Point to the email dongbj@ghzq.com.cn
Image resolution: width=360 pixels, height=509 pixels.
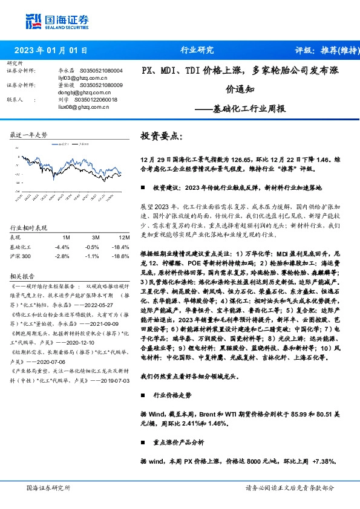pos(74,92)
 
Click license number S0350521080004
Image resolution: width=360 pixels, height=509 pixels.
pos(101,71)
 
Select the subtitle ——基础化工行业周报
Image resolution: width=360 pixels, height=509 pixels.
pos(249,109)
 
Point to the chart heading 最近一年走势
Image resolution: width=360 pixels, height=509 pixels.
pos(28,135)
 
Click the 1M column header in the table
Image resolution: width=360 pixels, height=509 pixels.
pos(66,238)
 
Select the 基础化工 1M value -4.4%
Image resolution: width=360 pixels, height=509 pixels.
pos(62,247)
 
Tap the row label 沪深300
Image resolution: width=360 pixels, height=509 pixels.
pos(22,256)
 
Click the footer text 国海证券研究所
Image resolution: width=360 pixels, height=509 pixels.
pos(48,487)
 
